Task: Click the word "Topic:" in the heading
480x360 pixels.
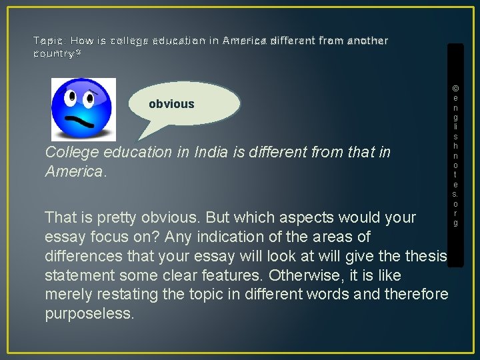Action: point(49,41)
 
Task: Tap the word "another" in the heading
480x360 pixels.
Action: point(366,41)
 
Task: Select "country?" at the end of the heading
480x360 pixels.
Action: point(57,53)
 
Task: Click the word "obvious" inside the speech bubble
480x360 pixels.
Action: point(171,104)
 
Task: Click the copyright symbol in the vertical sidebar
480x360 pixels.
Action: point(455,88)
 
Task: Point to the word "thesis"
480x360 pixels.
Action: point(423,256)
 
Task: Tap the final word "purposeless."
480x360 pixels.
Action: point(89,314)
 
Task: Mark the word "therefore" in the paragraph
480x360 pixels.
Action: point(416,295)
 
